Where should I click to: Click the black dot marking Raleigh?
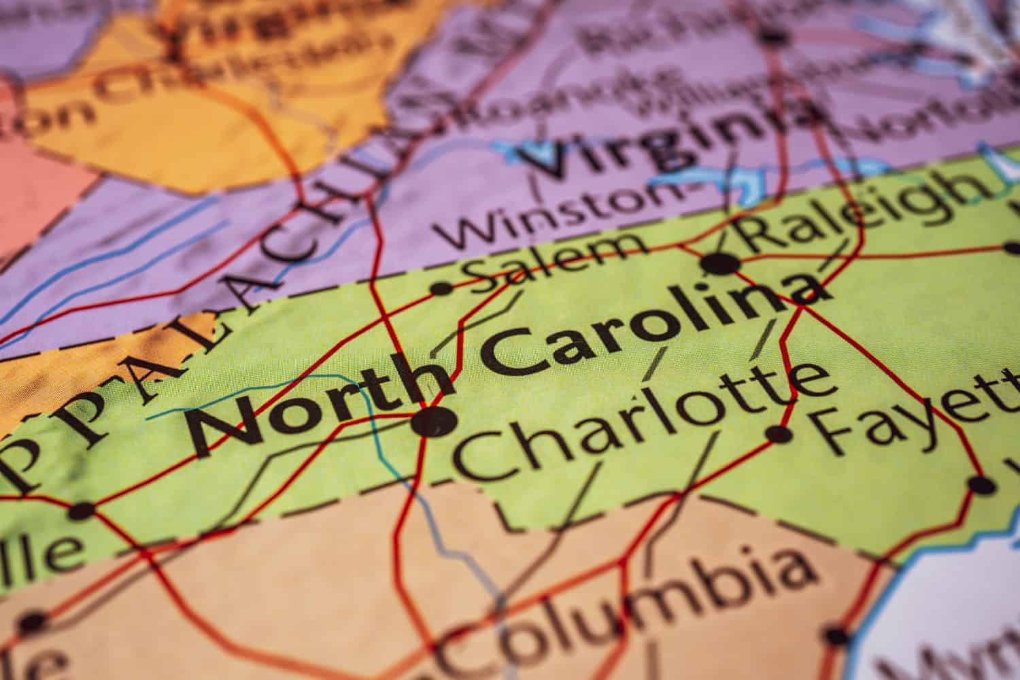721,263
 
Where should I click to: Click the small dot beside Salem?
442,289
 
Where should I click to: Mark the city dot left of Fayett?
779,433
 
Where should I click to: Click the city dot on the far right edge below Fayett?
981,486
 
